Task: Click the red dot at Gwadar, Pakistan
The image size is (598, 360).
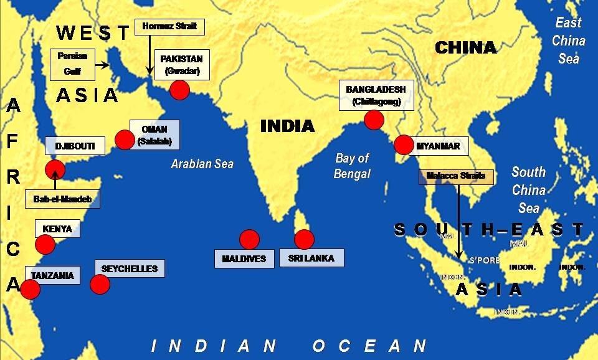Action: point(179,91)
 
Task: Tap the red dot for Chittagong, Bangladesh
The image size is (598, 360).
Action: point(373,120)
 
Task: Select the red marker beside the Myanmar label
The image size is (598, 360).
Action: point(404,144)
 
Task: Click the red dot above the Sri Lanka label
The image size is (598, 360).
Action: point(304,239)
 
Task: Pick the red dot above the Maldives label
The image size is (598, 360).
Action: point(249,239)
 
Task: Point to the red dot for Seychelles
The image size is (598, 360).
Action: point(100,284)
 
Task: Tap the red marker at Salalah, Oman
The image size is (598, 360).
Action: point(125,140)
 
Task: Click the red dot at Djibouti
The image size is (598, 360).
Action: point(55,169)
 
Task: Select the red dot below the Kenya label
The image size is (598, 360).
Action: point(45,244)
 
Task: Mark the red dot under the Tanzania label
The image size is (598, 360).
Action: point(30,289)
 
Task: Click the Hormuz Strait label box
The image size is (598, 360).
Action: point(169,27)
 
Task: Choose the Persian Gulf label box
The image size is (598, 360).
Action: point(72,64)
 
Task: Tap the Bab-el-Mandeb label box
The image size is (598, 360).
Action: point(62,199)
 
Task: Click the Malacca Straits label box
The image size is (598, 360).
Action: point(456,176)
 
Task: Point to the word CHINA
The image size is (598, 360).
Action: point(465,48)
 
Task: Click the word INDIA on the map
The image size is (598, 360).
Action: point(287,126)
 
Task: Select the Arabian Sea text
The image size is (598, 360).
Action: point(202,164)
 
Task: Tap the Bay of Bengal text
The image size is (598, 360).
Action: point(352,166)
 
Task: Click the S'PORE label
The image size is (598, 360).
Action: point(485,260)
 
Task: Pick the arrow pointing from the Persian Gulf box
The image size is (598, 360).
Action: point(103,64)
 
